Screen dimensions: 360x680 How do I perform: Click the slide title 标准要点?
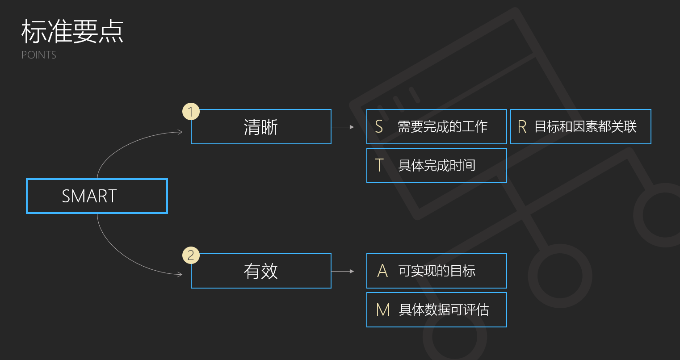tap(72, 31)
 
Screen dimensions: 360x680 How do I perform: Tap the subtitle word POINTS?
tap(39, 55)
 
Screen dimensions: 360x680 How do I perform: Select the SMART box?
tap(97, 196)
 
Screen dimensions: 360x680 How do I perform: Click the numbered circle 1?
tap(191, 112)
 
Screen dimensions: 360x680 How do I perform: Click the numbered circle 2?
tap(191, 255)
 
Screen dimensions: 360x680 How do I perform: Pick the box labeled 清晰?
tap(261, 127)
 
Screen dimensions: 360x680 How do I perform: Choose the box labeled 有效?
tap(261, 271)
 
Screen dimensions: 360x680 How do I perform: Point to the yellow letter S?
tap(379, 127)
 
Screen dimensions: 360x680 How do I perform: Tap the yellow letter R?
tap(522, 127)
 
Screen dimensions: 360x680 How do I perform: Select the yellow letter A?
tap(382, 271)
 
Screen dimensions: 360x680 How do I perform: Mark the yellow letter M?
tap(383, 310)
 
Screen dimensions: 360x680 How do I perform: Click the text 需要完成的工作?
tap(442, 127)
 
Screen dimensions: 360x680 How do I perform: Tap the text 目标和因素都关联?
tap(585, 127)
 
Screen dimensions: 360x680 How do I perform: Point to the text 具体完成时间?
tap(437, 165)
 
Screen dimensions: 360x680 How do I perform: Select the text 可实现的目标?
tap(437, 271)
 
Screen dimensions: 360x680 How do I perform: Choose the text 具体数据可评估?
tap(444, 310)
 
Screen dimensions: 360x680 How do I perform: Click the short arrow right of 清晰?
tap(343, 127)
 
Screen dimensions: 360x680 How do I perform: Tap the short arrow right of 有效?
tap(343, 271)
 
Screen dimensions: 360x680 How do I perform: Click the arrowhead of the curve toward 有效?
tap(180, 274)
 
